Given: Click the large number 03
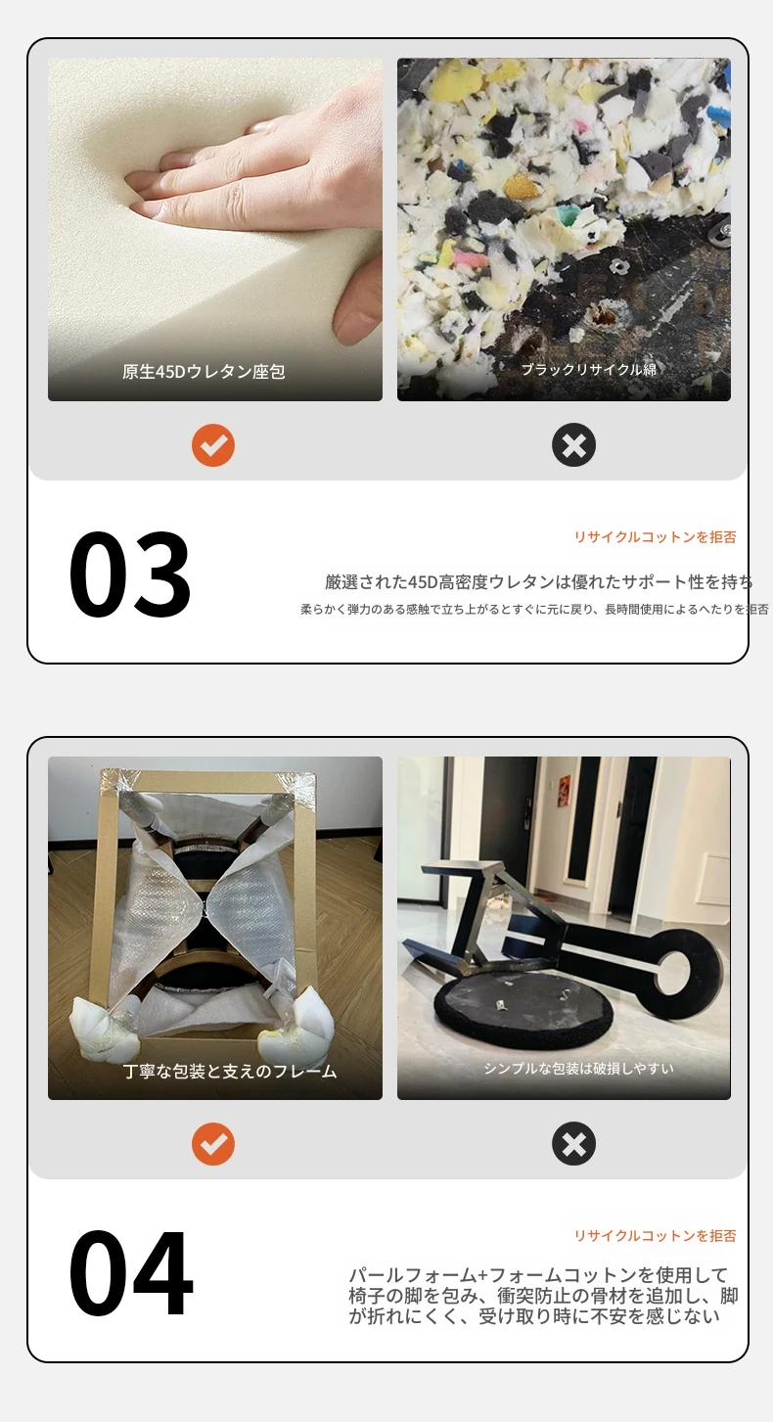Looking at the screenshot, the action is tap(130, 573).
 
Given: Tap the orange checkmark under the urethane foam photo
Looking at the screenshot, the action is tap(213, 445).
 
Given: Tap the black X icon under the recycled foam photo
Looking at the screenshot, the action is tap(573, 445).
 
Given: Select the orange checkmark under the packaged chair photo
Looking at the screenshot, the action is tap(213, 1144).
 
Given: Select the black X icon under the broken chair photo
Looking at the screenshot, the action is tap(573, 1144).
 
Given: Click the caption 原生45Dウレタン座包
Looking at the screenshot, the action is tap(204, 371).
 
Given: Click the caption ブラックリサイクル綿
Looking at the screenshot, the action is tap(588, 369).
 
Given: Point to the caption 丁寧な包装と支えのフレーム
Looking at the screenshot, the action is tap(230, 1071).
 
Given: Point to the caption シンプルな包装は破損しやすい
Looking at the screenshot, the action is tap(579, 1069).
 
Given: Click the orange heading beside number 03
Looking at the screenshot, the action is tap(655, 537).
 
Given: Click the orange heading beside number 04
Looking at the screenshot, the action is tap(655, 1235).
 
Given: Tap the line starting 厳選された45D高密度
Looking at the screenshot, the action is tap(539, 581).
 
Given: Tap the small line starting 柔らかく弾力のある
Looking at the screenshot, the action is tap(534, 610).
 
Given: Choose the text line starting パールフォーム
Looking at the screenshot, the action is tap(538, 1275).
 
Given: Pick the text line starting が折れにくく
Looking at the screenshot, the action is tap(533, 1316).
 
